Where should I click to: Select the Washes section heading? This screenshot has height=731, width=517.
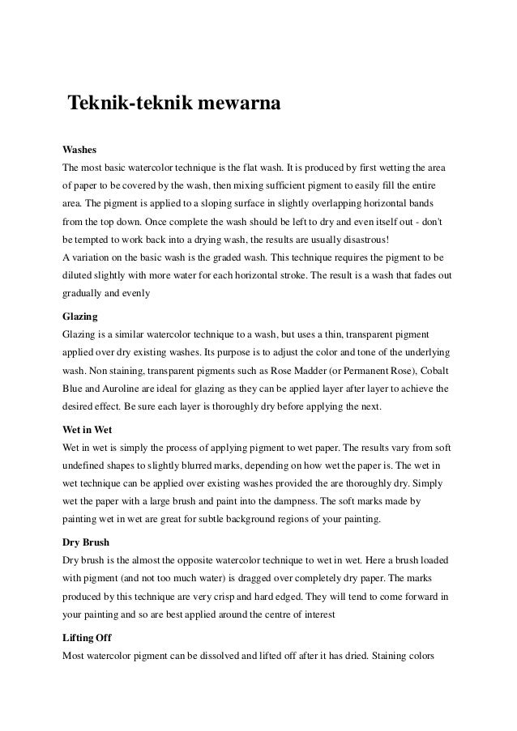point(79,151)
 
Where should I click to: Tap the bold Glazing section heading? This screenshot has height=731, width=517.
point(81,317)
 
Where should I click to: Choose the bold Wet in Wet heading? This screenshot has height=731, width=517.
point(88,430)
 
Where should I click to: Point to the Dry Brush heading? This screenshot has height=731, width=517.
point(86,542)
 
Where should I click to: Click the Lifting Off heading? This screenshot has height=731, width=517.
point(88,638)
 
